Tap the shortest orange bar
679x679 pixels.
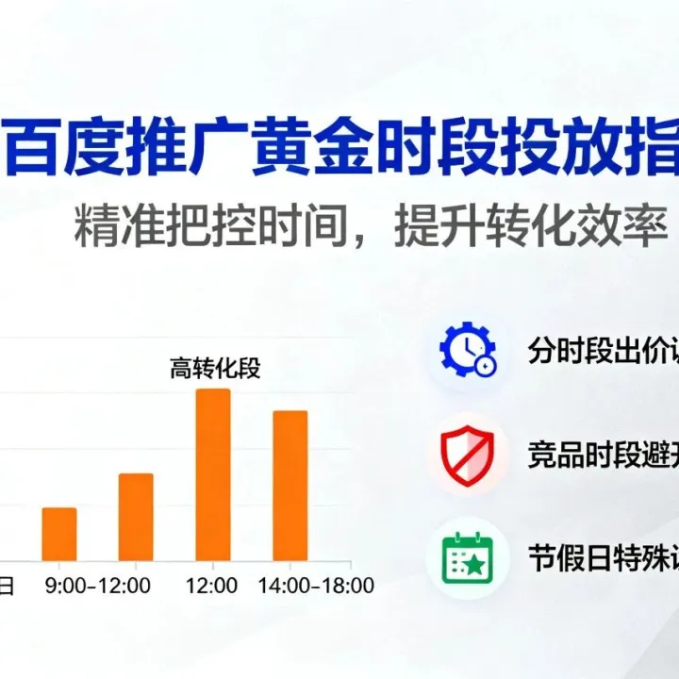[x=59, y=534]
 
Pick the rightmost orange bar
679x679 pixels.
[x=290, y=486]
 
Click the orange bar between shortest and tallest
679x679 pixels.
[x=136, y=517]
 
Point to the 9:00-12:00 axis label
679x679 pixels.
[x=98, y=586]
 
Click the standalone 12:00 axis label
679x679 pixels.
[x=212, y=586]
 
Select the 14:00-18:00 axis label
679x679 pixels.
[x=316, y=586]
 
